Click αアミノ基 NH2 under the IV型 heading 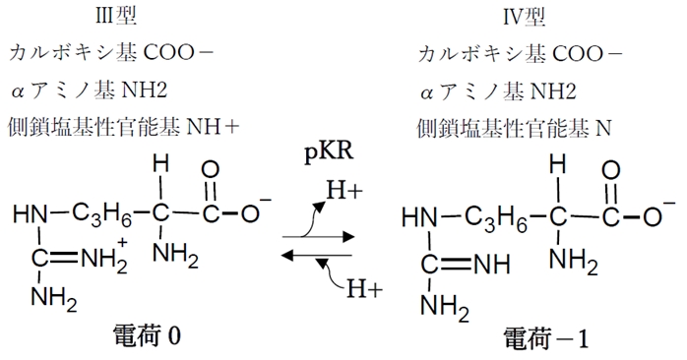[x=499, y=90]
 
